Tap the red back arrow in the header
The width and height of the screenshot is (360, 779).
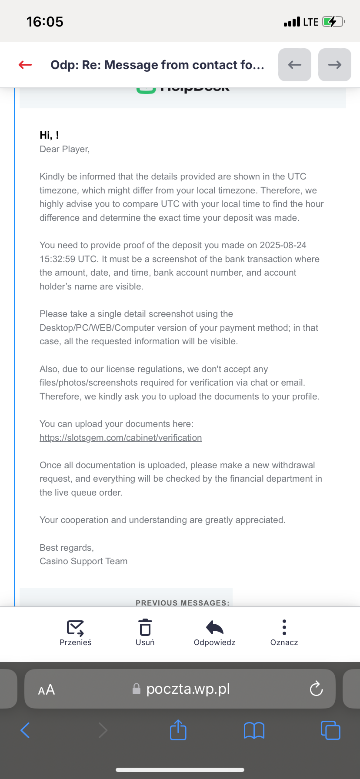(x=25, y=65)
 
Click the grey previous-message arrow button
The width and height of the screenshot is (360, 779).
(x=294, y=65)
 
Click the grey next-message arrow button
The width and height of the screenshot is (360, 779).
(x=334, y=65)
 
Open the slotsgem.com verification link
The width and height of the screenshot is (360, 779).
(x=120, y=438)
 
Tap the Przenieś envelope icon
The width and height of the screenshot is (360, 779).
(x=75, y=628)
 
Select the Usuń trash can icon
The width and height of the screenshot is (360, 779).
(x=145, y=628)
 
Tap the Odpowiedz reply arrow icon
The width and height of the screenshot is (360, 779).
(x=214, y=627)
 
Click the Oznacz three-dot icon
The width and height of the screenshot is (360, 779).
(x=284, y=627)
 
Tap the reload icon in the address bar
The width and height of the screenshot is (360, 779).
(x=316, y=689)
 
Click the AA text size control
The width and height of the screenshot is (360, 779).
(x=47, y=689)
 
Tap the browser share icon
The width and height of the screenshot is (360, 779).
(x=178, y=730)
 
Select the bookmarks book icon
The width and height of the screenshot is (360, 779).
(x=254, y=730)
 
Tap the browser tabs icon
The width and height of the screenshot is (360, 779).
(x=330, y=730)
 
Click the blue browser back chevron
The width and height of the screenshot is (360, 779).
(x=25, y=730)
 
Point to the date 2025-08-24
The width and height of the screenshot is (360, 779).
(x=283, y=245)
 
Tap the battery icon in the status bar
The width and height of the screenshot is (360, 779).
(x=333, y=22)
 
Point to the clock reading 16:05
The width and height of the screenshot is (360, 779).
(x=45, y=22)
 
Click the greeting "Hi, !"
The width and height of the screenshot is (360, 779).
(x=49, y=135)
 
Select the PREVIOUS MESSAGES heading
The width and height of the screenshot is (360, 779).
(x=182, y=603)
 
